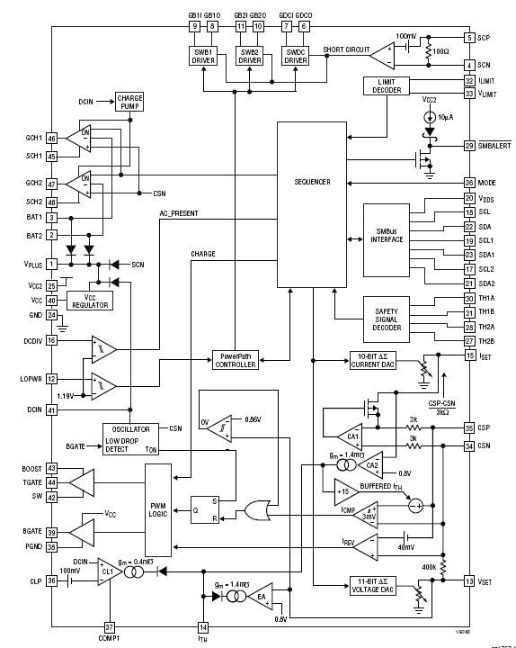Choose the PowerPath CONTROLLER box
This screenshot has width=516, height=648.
(236, 359)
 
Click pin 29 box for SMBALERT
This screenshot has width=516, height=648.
(468, 145)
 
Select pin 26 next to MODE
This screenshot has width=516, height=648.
(468, 183)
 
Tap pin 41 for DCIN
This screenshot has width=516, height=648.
(52, 409)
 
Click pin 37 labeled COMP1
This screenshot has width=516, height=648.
(109, 626)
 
